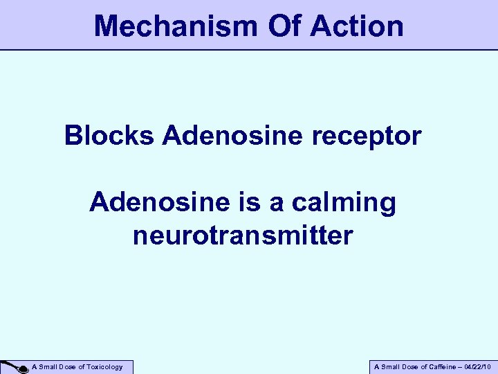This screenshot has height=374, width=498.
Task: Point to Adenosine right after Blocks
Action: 232,135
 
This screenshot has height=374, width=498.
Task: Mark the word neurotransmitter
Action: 243,235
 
